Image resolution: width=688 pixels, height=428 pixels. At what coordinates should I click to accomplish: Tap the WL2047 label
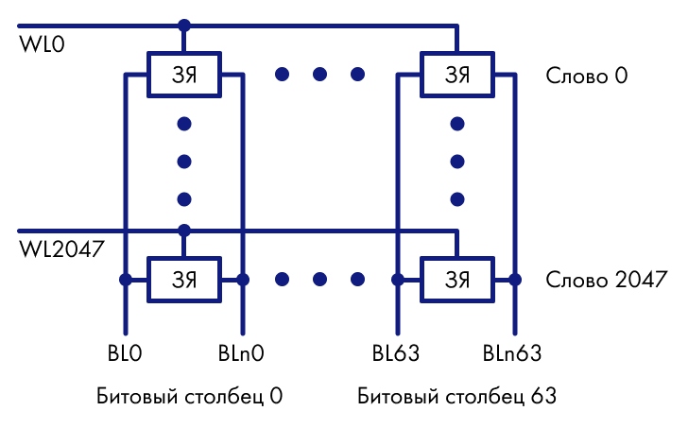[61, 249]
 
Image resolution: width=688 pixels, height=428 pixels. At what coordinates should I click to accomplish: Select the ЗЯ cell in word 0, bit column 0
[183, 74]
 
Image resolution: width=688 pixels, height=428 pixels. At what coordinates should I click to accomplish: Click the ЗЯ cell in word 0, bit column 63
[456, 74]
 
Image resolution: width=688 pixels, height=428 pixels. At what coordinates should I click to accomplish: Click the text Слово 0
[587, 75]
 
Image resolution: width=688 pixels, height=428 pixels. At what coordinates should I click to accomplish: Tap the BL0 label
[124, 354]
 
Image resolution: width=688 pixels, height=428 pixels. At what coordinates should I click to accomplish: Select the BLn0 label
[241, 354]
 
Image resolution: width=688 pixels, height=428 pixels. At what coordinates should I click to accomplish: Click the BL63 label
[395, 354]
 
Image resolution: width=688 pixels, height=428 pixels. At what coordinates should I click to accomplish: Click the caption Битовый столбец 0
[190, 395]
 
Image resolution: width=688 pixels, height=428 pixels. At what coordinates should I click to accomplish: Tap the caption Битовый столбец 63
[457, 395]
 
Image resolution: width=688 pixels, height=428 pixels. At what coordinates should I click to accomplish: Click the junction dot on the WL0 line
[183, 25]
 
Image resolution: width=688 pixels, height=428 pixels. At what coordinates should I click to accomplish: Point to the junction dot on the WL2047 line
[183, 230]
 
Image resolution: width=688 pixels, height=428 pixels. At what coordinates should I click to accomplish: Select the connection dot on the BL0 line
[124, 280]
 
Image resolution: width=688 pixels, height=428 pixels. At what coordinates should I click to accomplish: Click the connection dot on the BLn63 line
[514, 280]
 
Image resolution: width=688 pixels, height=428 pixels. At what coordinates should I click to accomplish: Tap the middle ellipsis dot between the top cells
[319, 74]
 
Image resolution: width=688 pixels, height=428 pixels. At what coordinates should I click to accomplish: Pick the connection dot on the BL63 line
[398, 280]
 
